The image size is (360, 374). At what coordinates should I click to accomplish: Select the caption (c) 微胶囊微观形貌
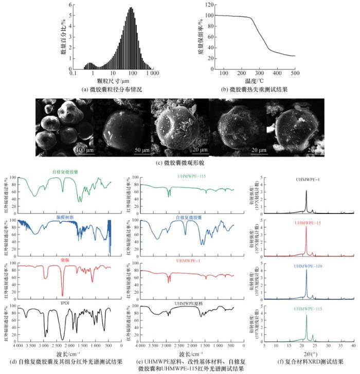[179, 163]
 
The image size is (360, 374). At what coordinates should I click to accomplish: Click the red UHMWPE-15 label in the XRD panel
[309, 223]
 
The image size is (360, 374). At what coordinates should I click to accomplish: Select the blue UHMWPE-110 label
[309, 266]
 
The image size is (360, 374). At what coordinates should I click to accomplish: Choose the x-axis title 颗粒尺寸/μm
[110, 81]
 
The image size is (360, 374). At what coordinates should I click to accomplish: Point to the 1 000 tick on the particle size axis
[152, 74]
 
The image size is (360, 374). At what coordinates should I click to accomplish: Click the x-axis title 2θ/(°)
[309, 354]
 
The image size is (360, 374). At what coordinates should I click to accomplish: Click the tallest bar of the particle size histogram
[131, 8]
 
